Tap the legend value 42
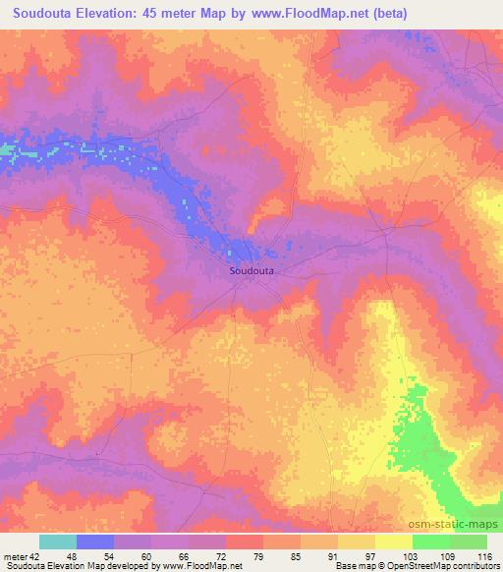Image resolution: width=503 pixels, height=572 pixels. pos(35,556)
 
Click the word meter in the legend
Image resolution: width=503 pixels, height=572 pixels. pos(16,556)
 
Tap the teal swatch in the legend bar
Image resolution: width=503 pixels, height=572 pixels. pos(58,542)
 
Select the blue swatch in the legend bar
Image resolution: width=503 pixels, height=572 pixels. pos(95,542)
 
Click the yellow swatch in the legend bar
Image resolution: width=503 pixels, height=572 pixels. pos(356,542)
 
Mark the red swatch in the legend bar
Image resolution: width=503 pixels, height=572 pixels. pos(244,542)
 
